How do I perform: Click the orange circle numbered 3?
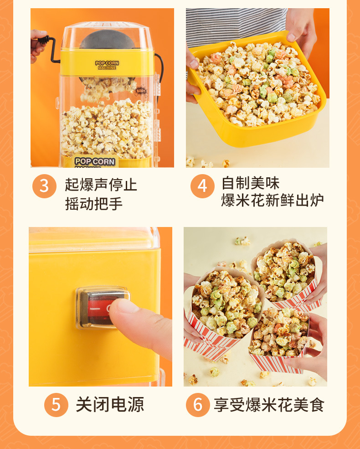pos(44,186)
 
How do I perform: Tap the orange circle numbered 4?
pos(202,186)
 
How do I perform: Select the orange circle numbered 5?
pos(56,404)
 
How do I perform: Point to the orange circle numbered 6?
pos(198,404)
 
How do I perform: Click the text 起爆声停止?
pos(101,185)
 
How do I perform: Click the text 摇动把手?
pos(94,203)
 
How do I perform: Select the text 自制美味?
pos(250,183)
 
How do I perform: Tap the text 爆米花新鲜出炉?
pos(273,201)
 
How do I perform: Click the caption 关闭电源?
pos(110,404)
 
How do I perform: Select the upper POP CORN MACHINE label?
pos(107,65)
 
